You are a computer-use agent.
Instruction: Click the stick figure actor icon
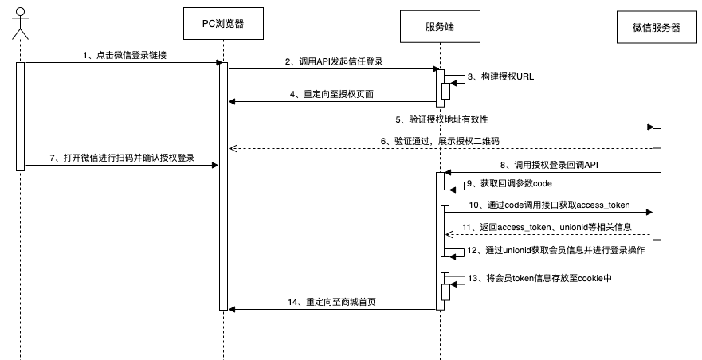pyautogui.click(x=21, y=23)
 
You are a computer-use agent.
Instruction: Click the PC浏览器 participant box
pyautogui.click(x=223, y=25)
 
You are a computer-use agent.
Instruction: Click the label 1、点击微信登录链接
pyautogui.click(x=125, y=55)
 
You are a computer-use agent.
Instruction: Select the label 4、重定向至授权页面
pyautogui.click(x=332, y=93)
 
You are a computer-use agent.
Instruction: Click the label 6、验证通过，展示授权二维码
pyautogui.click(x=442, y=140)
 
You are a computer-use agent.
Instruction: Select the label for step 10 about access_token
pyautogui.click(x=549, y=205)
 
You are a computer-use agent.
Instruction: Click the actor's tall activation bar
pyautogui.click(x=21, y=115)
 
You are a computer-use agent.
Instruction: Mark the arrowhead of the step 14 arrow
pyautogui.click(x=232, y=309)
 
